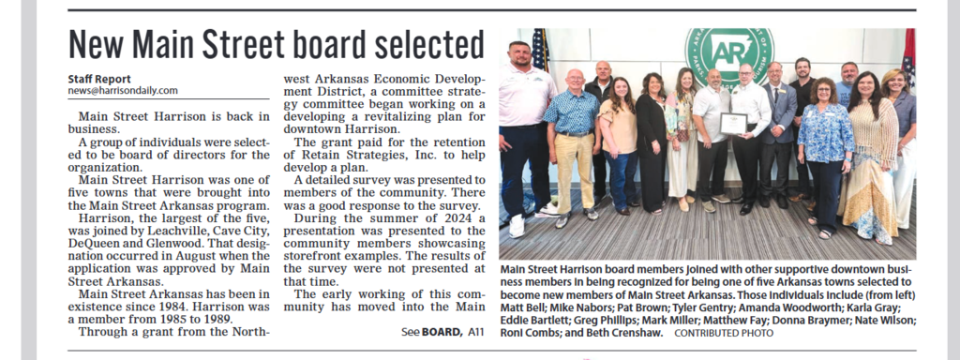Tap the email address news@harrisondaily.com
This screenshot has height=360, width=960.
click(x=123, y=91)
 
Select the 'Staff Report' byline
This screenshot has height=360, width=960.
click(x=99, y=79)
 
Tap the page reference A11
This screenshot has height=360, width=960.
click(x=474, y=332)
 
